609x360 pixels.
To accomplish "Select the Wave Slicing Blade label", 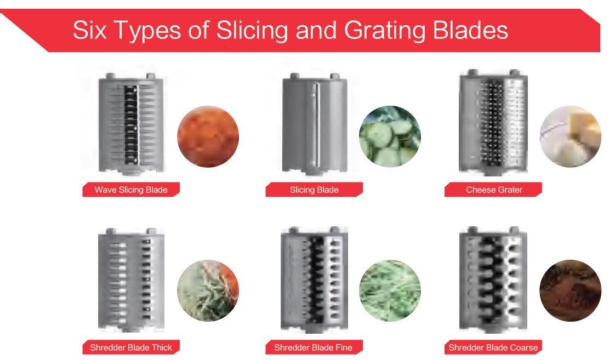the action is [x=131, y=190].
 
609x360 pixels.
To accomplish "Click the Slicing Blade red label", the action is [x=314, y=190].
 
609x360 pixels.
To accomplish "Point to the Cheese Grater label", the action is [x=493, y=190].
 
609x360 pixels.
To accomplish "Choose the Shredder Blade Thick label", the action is [x=131, y=347].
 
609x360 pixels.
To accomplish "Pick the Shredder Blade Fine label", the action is [x=314, y=347].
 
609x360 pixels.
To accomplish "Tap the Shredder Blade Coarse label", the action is [x=493, y=347].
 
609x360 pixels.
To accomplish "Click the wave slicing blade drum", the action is [x=131, y=123].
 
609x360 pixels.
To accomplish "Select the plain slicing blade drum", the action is [x=315, y=123].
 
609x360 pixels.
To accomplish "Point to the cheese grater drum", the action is [x=493, y=122].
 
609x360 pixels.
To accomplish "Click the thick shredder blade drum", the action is [x=131, y=279].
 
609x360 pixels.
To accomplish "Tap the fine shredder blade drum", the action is [x=314, y=279].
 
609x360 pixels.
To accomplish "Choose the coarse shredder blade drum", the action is [x=493, y=279].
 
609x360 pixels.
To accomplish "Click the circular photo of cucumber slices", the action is [x=390, y=136].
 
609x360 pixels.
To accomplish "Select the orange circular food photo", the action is [x=208, y=136].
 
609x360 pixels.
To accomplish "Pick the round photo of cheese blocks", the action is [x=570, y=136].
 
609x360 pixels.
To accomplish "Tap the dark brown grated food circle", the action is [x=570, y=290].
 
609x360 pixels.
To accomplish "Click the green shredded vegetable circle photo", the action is [x=390, y=290].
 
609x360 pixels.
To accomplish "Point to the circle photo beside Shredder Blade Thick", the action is [x=208, y=290].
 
